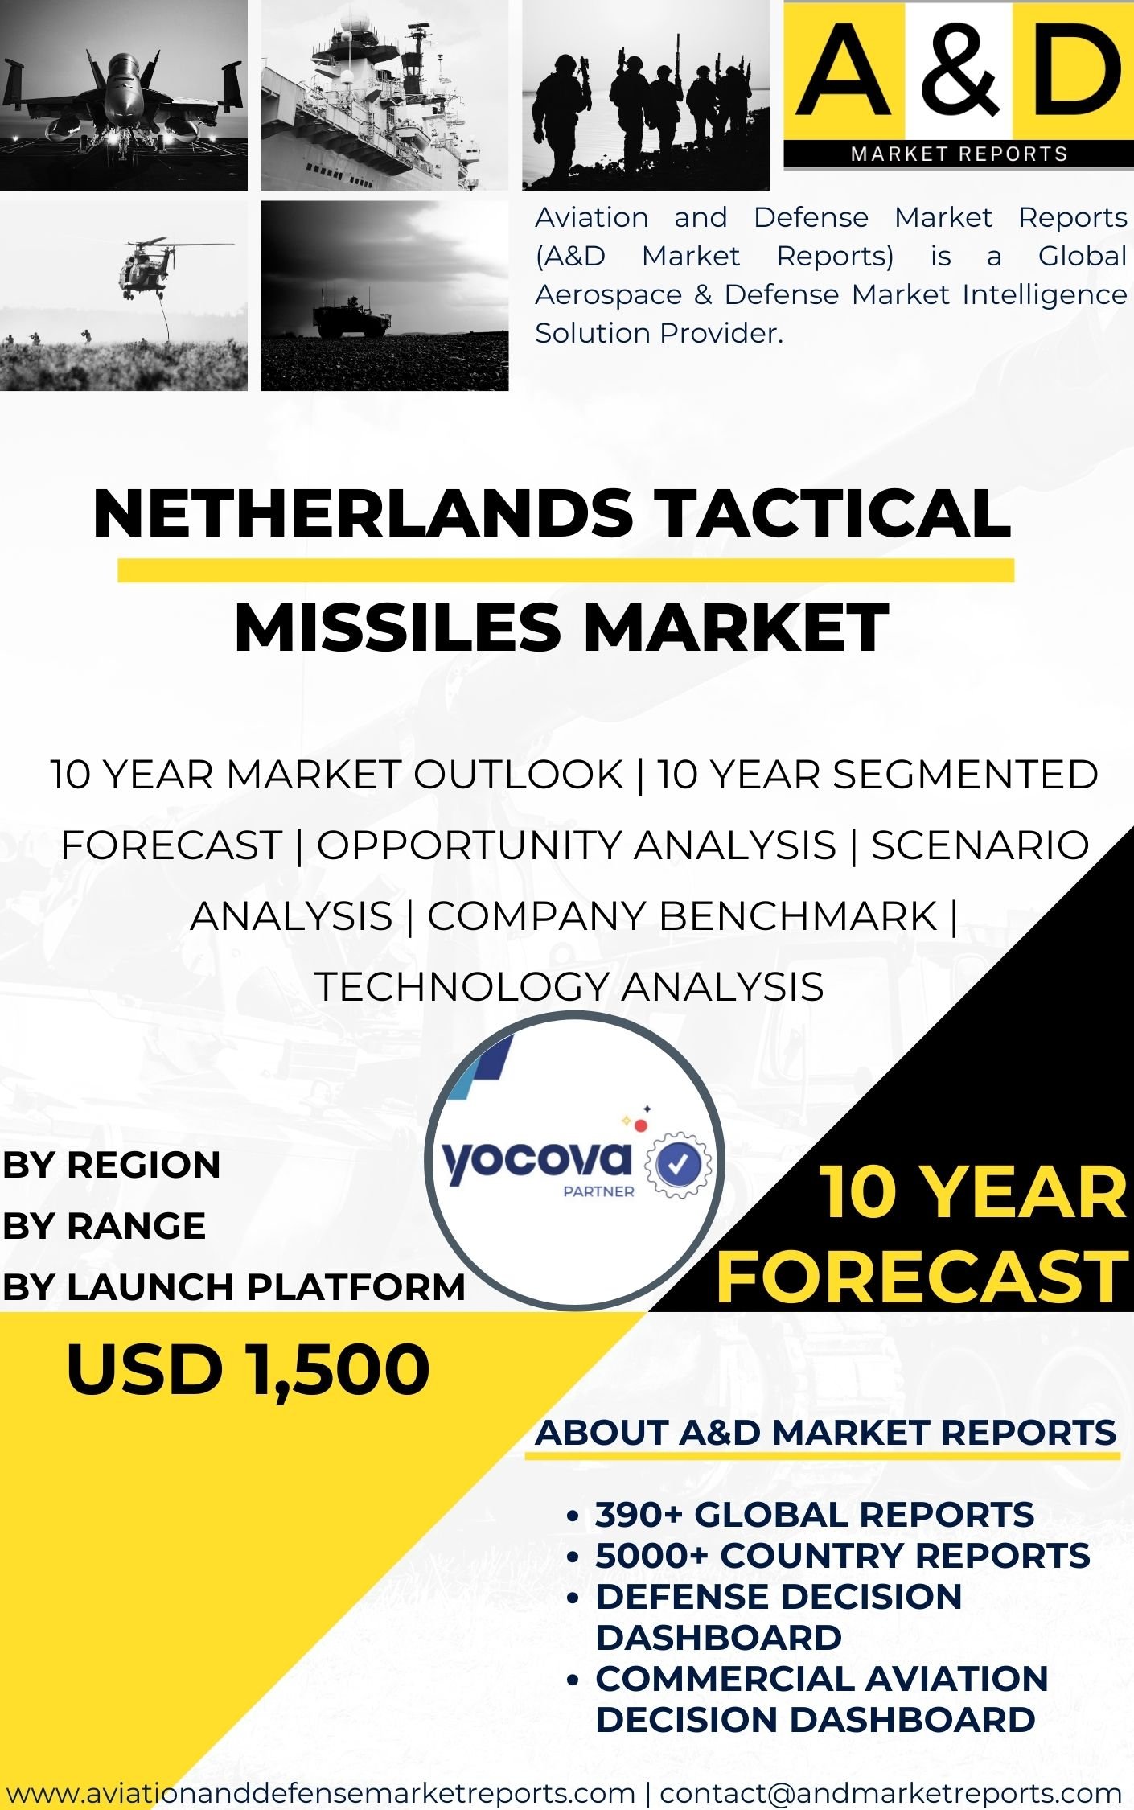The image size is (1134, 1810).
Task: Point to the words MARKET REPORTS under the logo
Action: click(959, 154)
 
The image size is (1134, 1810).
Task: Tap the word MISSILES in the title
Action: click(397, 627)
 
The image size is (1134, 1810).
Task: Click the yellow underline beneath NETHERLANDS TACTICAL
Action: click(565, 570)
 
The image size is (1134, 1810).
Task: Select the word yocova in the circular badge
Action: click(536, 1162)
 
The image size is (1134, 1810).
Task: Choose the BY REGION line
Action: click(111, 1166)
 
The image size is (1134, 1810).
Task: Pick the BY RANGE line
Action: click(104, 1226)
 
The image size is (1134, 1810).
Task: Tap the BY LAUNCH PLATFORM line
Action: click(234, 1286)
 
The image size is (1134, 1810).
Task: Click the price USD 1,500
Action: click(248, 1370)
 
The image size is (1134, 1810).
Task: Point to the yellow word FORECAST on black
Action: click(922, 1277)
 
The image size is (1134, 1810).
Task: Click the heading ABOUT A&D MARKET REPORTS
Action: click(826, 1433)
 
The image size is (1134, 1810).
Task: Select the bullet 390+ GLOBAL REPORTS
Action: click(814, 1515)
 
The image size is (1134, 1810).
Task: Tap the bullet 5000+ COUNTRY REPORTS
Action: click(843, 1555)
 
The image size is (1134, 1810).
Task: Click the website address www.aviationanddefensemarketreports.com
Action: click(321, 1793)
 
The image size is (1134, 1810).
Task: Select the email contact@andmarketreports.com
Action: click(890, 1793)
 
